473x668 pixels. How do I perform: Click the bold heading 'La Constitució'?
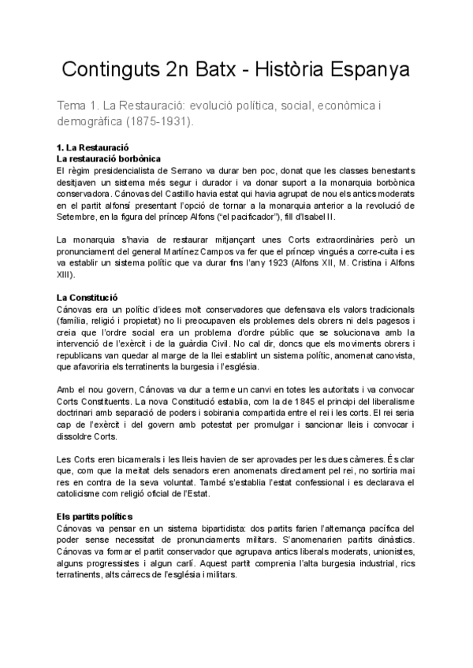coord(87,298)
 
